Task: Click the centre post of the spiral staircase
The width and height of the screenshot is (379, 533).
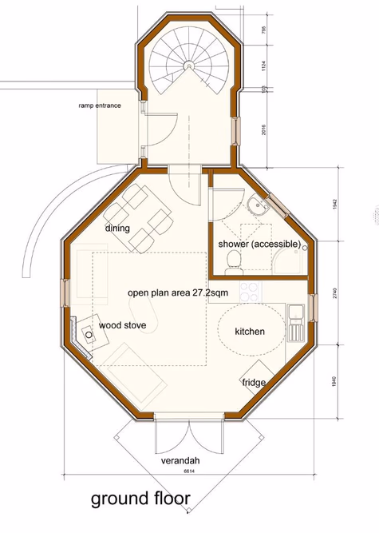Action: coord(189,66)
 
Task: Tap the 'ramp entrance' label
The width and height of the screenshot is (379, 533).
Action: coord(100,105)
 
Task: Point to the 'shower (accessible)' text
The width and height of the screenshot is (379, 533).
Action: coord(254,243)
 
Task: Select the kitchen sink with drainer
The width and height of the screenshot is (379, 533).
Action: coord(294,316)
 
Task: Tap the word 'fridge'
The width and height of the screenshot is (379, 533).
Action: coord(253,382)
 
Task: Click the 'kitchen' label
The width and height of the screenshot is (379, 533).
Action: coord(250,331)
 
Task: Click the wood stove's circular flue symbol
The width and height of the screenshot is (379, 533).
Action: coord(85,336)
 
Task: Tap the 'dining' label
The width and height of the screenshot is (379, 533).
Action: coord(117,228)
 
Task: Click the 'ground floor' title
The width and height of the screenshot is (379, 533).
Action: coord(140,499)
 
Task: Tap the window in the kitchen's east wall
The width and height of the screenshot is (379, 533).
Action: coord(314,304)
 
